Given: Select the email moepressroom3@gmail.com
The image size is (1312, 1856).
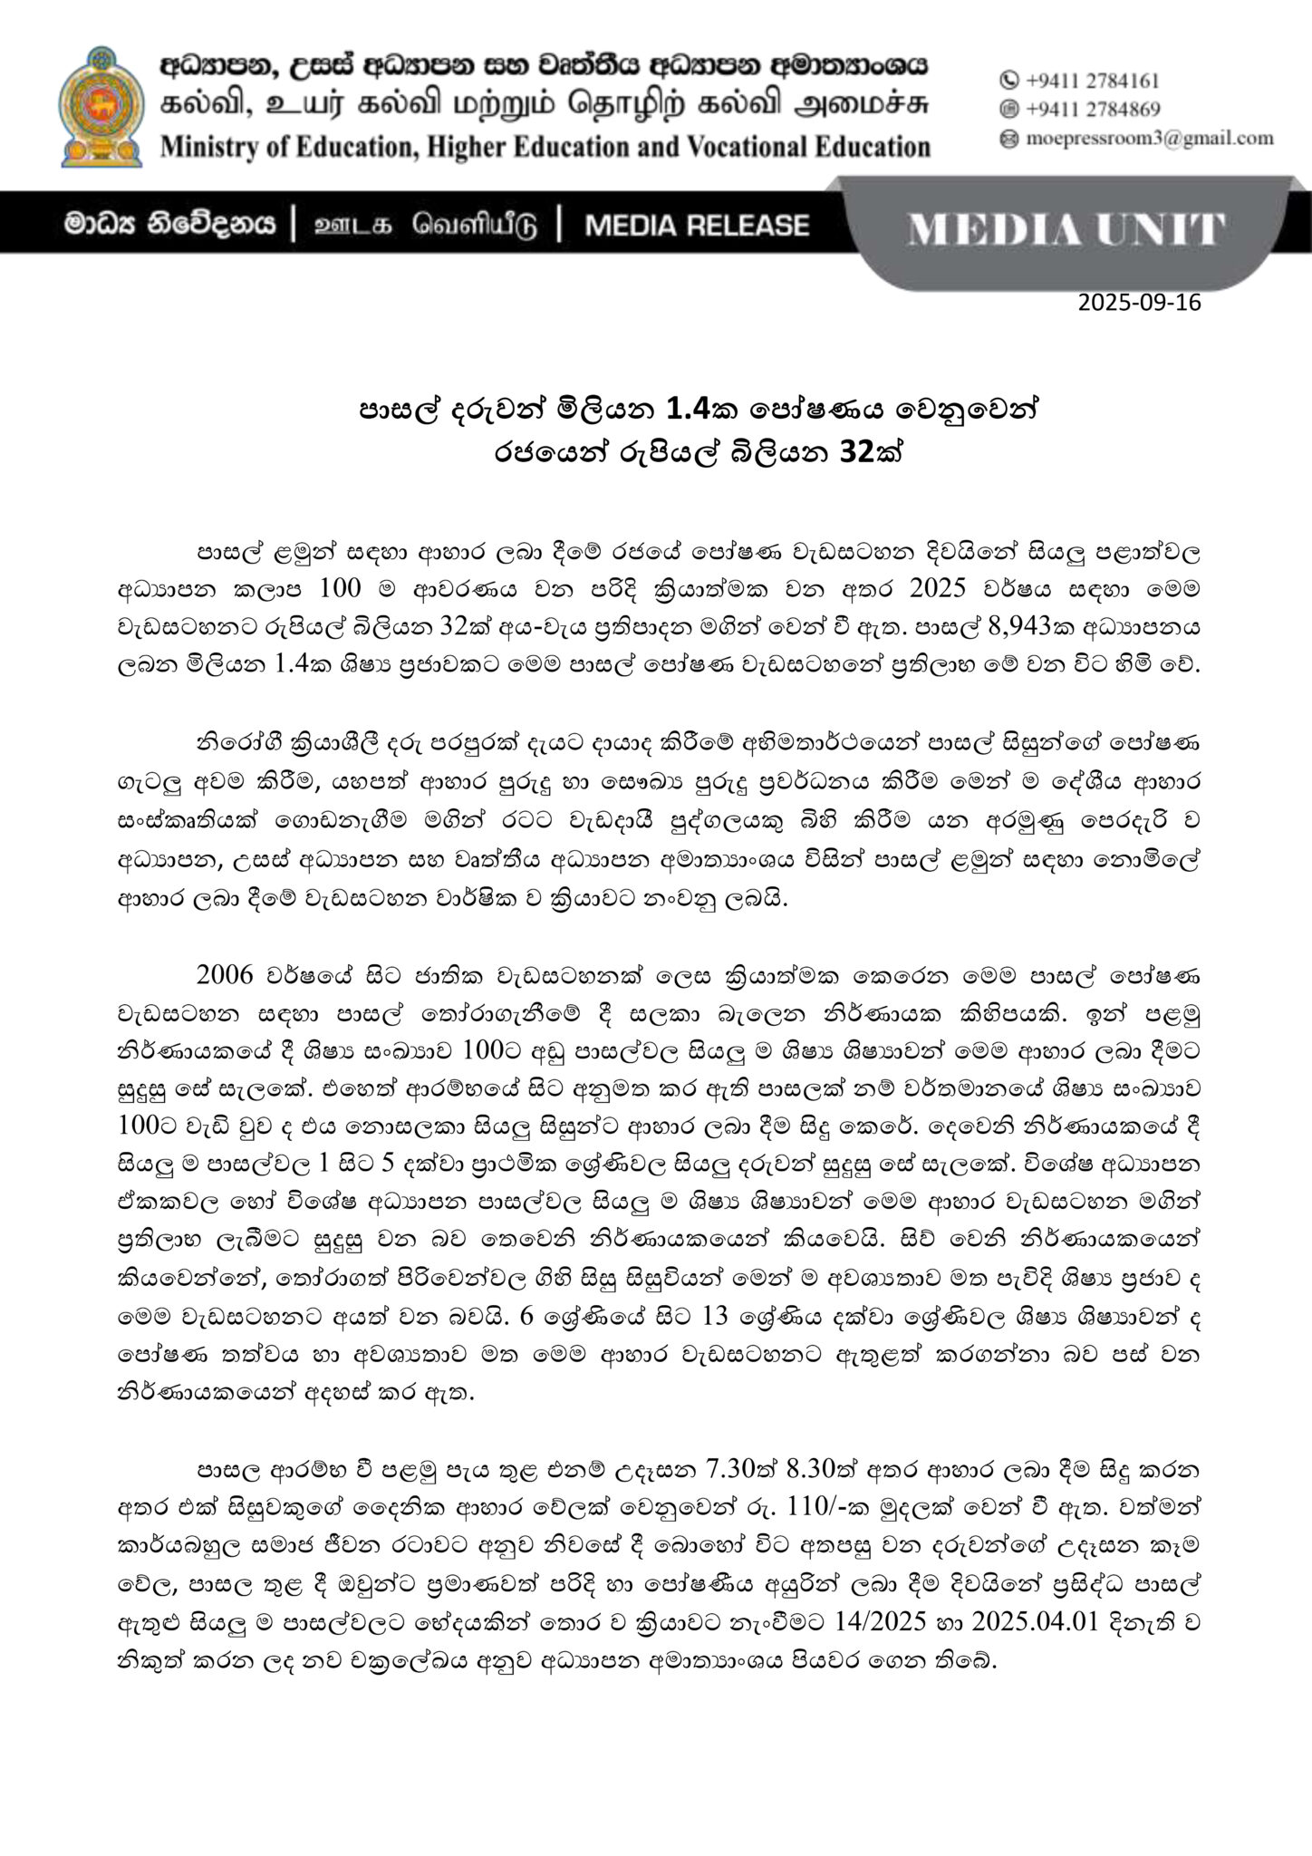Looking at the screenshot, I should tap(1150, 139).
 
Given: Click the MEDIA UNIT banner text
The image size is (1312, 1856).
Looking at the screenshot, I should tap(1066, 230).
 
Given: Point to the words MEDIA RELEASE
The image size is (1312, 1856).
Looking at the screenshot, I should tap(696, 225).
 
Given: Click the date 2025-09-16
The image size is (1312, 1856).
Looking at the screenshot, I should tap(1139, 303).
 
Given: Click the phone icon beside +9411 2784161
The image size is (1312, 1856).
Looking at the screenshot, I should tap(1008, 81).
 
